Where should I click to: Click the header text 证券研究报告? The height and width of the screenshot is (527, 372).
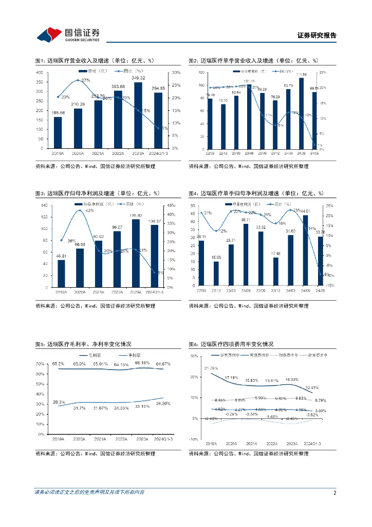pyautogui.click(x=317, y=36)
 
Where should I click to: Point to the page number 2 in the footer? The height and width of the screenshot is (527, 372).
pyautogui.click(x=334, y=493)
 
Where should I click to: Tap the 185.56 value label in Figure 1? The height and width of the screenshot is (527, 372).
pyautogui.click(x=58, y=112)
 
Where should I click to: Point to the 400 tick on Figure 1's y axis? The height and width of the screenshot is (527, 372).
pyautogui.click(x=39, y=72)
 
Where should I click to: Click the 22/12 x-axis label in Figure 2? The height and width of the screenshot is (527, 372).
pyautogui.click(x=223, y=152)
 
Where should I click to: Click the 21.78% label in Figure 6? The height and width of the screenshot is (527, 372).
pyautogui.click(x=211, y=368)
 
